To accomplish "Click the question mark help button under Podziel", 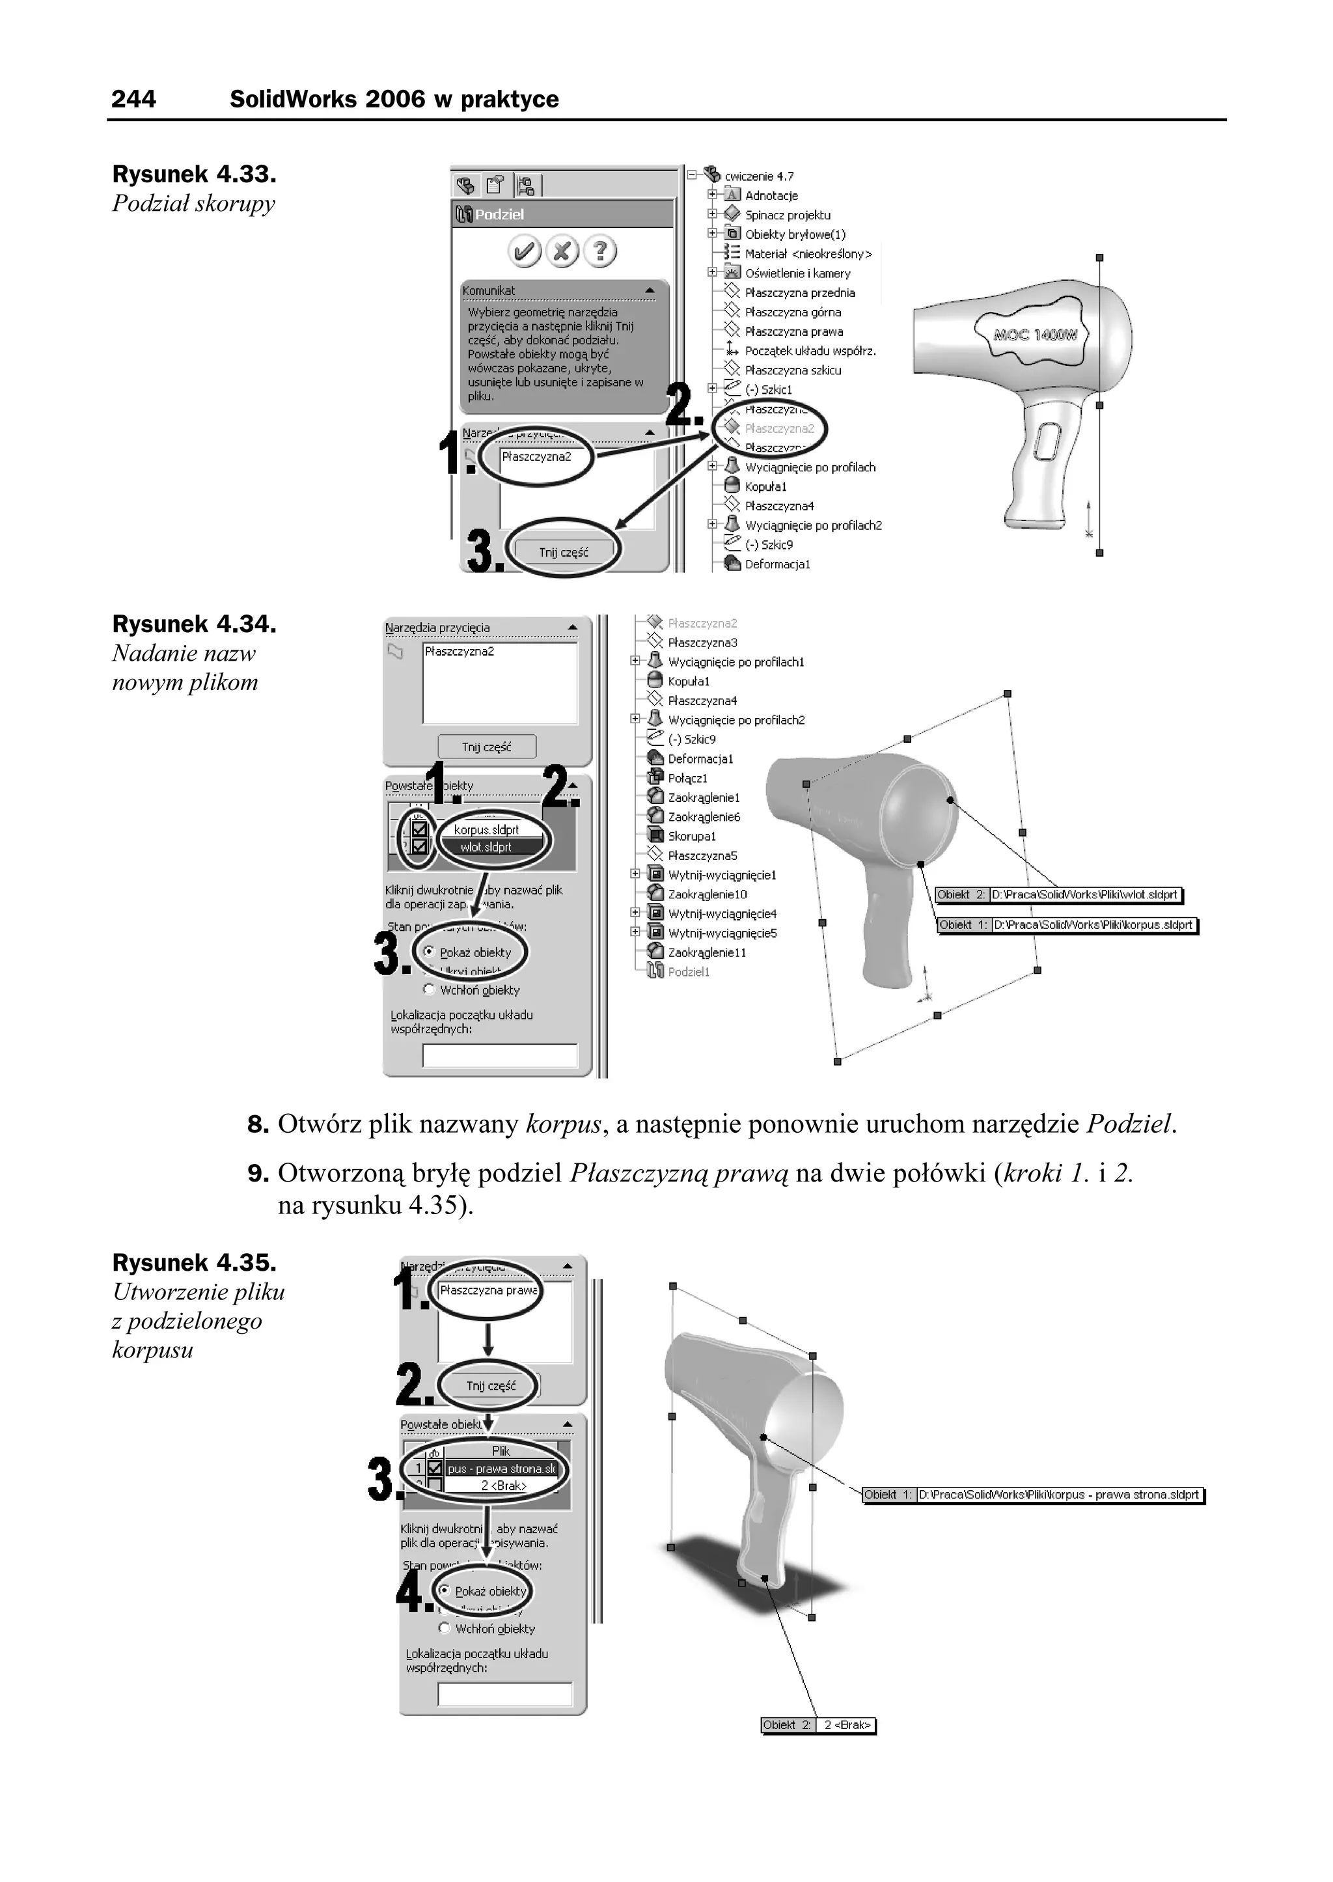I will (x=600, y=251).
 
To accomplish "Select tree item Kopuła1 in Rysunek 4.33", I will (x=765, y=487).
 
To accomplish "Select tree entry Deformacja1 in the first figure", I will (x=776, y=564).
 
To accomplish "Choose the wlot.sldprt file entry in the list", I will (x=486, y=847).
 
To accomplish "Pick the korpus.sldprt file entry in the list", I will (x=486, y=830).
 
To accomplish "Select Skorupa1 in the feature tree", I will (x=691, y=837).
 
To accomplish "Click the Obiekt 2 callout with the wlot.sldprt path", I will (x=1058, y=894).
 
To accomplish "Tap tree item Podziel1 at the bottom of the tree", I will (x=688, y=972).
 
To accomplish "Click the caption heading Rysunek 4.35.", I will (x=194, y=1262).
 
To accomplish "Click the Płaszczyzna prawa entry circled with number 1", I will (x=488, y=1291).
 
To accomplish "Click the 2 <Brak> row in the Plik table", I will (x=502, y=1486).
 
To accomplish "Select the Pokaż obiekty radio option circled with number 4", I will (x=444, y=1590).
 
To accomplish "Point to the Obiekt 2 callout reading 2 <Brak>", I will (x=818, y=1725).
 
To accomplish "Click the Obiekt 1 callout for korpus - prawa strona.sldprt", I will (x=1032, y=1495).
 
